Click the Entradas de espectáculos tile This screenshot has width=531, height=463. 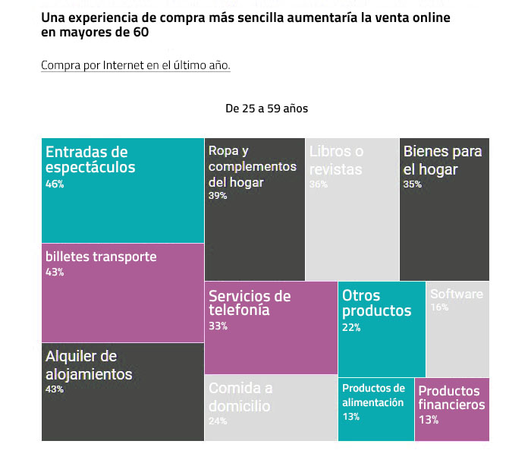point(123,191)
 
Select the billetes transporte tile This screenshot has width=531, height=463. point(123,293)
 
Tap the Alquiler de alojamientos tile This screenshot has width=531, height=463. point(123,392)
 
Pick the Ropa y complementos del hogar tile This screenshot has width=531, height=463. point(255,209)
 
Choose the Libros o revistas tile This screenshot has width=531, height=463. point(352,209)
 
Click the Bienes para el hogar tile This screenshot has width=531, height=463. point(444,209)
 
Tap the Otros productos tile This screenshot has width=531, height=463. point(382,329)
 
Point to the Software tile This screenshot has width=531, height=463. point(457,329)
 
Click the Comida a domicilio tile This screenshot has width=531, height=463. point(271,408)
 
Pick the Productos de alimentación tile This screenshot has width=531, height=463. point(375,409)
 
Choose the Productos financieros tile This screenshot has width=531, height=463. point(452,409)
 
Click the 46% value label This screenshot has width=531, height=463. point(55,184)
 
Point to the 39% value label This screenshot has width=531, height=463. point(218,196)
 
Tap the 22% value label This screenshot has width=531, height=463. point(351,327)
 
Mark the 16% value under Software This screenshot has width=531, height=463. point(439,307)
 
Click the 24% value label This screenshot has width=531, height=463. point(218,421)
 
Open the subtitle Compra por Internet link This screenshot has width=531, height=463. point(136,65)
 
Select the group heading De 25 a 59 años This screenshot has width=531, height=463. point(267,109)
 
